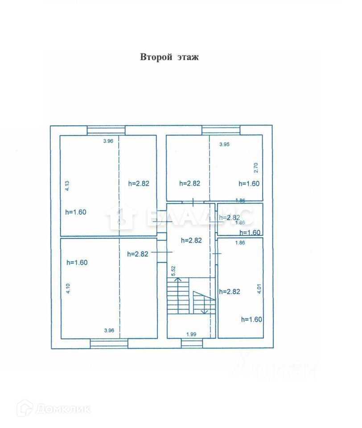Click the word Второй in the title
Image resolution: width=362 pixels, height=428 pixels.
coord(156,57)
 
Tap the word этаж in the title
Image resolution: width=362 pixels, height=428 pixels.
coord(187,57)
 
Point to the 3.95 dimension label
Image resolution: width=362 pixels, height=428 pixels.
coord(226,144)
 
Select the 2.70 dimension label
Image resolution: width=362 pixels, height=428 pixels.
coord(256,168)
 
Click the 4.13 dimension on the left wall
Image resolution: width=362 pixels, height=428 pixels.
coord(67,186)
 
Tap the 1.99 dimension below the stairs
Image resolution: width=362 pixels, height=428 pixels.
coord(192,333)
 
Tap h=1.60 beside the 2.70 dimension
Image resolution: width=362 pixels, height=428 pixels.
coord(249,183)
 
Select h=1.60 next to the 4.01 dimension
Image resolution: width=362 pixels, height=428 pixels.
coord(251,319)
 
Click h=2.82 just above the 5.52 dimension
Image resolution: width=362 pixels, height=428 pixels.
coord(191,240)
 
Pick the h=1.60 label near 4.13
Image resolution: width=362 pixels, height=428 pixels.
coord(75,212)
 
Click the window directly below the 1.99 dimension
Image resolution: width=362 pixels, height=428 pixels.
coord(192,343)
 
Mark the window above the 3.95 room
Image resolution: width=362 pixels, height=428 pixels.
coord(221,130)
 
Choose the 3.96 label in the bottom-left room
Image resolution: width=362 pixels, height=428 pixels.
coord(109,330)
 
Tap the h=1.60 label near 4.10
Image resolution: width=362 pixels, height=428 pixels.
coord(77,262)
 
